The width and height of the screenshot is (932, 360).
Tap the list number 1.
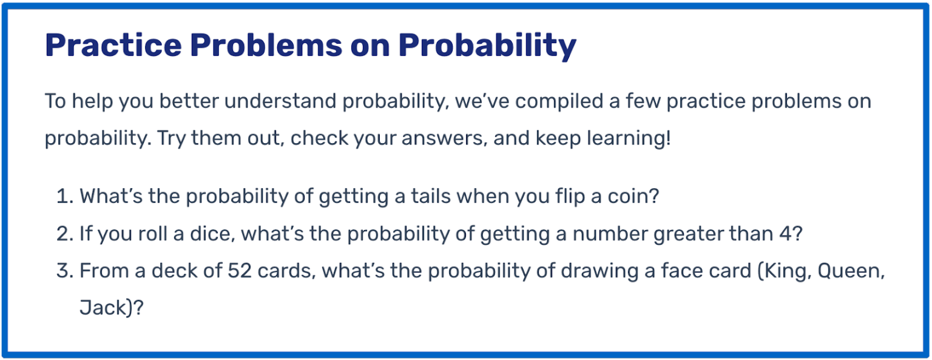(x=63, y=197)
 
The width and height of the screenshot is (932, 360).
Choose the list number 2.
(x=64, y=234)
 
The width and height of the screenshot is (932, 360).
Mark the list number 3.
(x=64, y=271)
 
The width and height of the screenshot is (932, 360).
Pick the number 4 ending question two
(x=788, y=234)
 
